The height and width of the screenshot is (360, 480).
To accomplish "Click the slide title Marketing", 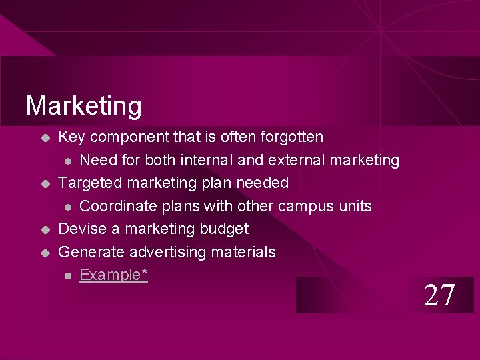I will (x=83, y=106).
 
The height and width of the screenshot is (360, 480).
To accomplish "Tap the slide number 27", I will (x=440, y=295).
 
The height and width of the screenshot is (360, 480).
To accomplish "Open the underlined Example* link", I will (x=113, y=275).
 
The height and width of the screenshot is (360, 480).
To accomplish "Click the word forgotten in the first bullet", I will (x=291, y=137).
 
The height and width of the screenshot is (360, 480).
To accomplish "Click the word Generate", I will (x=91, y=252).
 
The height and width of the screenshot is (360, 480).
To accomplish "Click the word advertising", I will (x=168, y=252).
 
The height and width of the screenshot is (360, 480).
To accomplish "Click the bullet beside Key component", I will (x=45, y=138).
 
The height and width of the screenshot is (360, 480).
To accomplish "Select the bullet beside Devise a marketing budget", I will (x=45, y=229).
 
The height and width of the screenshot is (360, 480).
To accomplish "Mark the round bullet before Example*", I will (x=67, y=275).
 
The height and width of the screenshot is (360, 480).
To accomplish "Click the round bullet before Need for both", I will (x=67, y=161).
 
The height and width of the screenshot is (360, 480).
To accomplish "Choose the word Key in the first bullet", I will (x=72, y=137).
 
